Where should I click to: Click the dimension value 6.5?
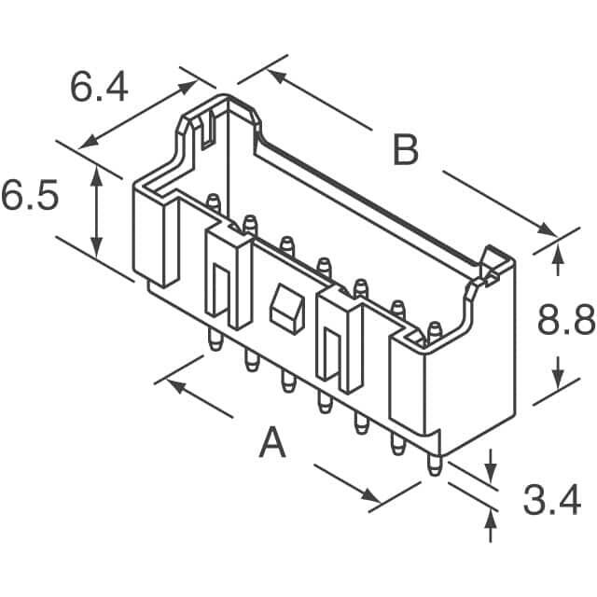tap(30, 197)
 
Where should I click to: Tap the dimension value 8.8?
tap(565, 322)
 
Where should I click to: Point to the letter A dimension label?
tap(271, 442)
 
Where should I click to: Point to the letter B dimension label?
tap(405, 149)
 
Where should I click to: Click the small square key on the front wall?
tap(285, 307)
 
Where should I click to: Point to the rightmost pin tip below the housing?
tap(434, 469)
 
